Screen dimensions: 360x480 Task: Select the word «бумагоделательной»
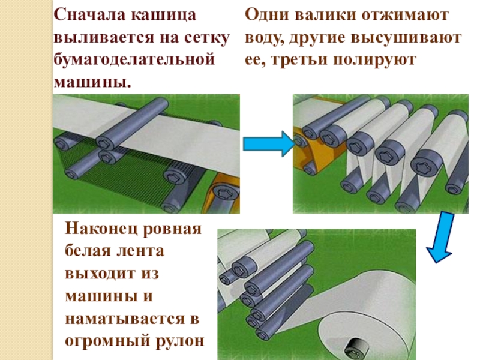point(134,60)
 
